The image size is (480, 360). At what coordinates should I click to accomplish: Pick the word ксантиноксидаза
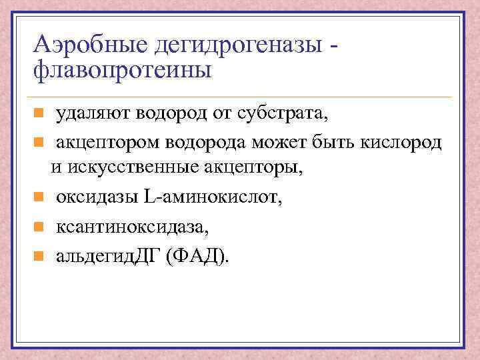click(131, 227)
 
